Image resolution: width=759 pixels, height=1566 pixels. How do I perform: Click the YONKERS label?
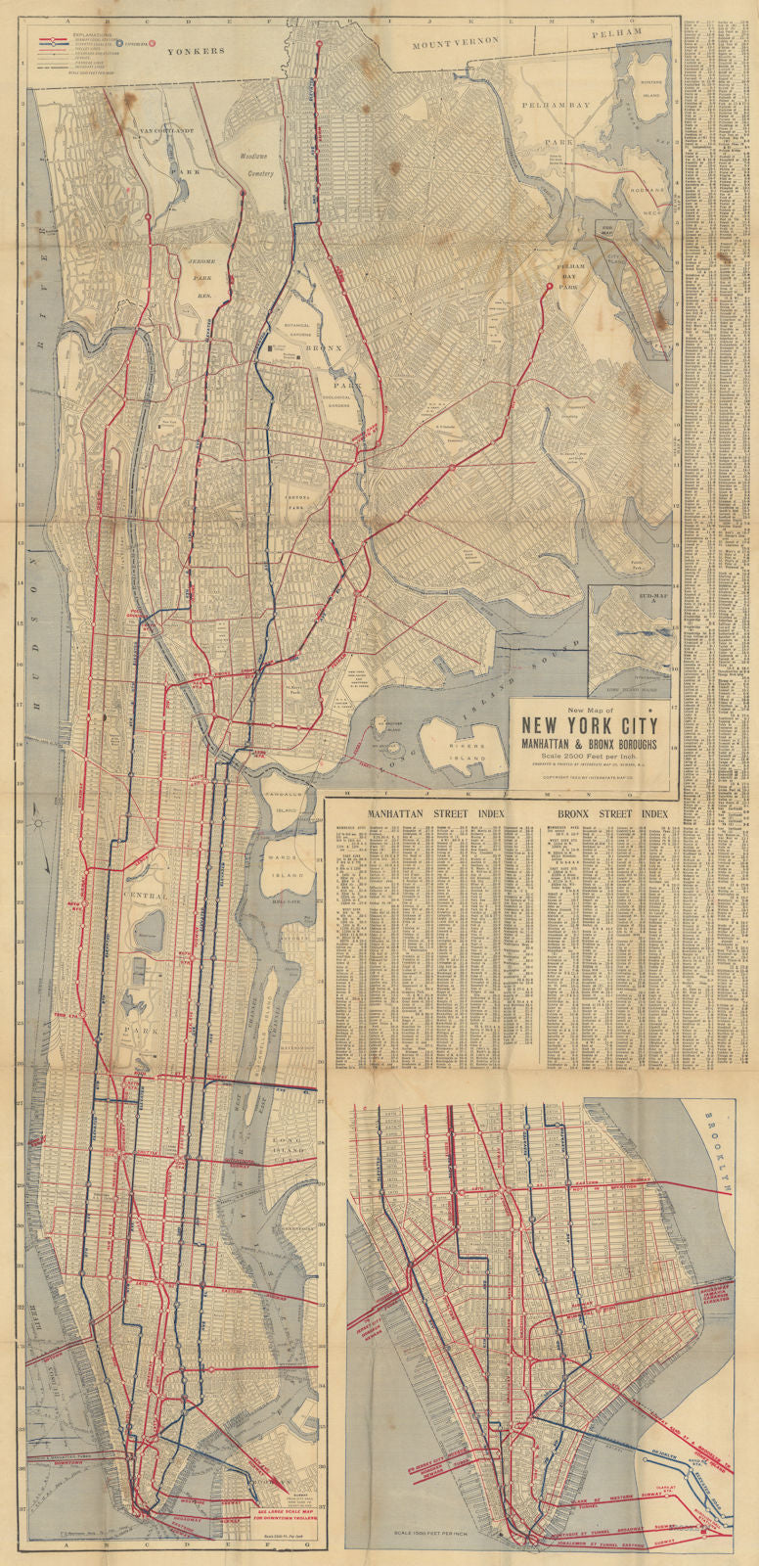pyautogui.click(x=202, y=50)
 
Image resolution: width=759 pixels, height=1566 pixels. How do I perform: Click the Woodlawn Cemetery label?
pyautogui.click(x=256, y=163)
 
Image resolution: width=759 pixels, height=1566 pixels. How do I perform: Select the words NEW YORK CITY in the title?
pyautogui.click(x=589, y=727)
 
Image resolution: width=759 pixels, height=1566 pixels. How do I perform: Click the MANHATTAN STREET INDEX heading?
pyautogui.click(x=430, y=813)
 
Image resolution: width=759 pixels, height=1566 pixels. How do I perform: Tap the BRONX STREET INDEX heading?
pyautogui.click(x=613, y=813)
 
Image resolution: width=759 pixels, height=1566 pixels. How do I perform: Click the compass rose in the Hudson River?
pyautogui.click(x=39, y=824)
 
